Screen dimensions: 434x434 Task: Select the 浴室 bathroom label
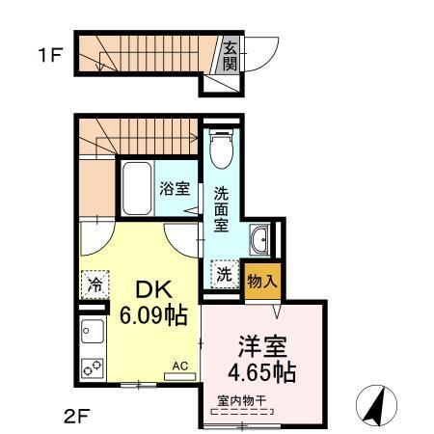tap(175, 188)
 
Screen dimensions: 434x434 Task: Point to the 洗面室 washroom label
tap(221, 208)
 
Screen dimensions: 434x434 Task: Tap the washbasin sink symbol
tap(258, 239)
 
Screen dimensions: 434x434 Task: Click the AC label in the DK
tap(179, 366)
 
